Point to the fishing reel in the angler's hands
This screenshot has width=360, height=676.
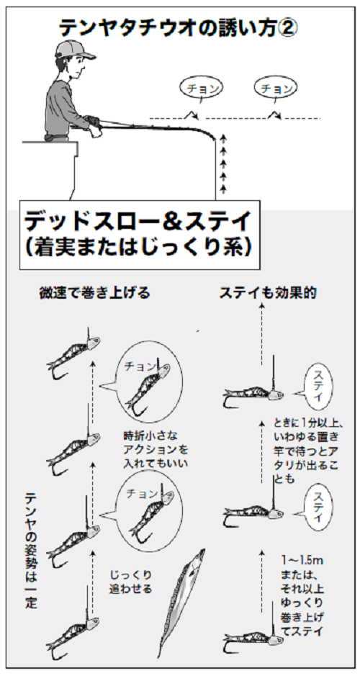pyautogui.click(x=93, y=123)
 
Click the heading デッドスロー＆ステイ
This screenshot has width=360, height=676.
pyautogui.click(x=136, y=220)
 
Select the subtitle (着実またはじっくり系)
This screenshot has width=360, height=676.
pyautogui.click(x=136, y=247)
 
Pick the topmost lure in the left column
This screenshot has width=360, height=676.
pyautogui.click(x=72, y=353)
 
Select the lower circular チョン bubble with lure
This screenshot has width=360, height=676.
pyautogui.click(x=148, y=509)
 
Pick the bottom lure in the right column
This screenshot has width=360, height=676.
pyautogui.click(x=252, y=637)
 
